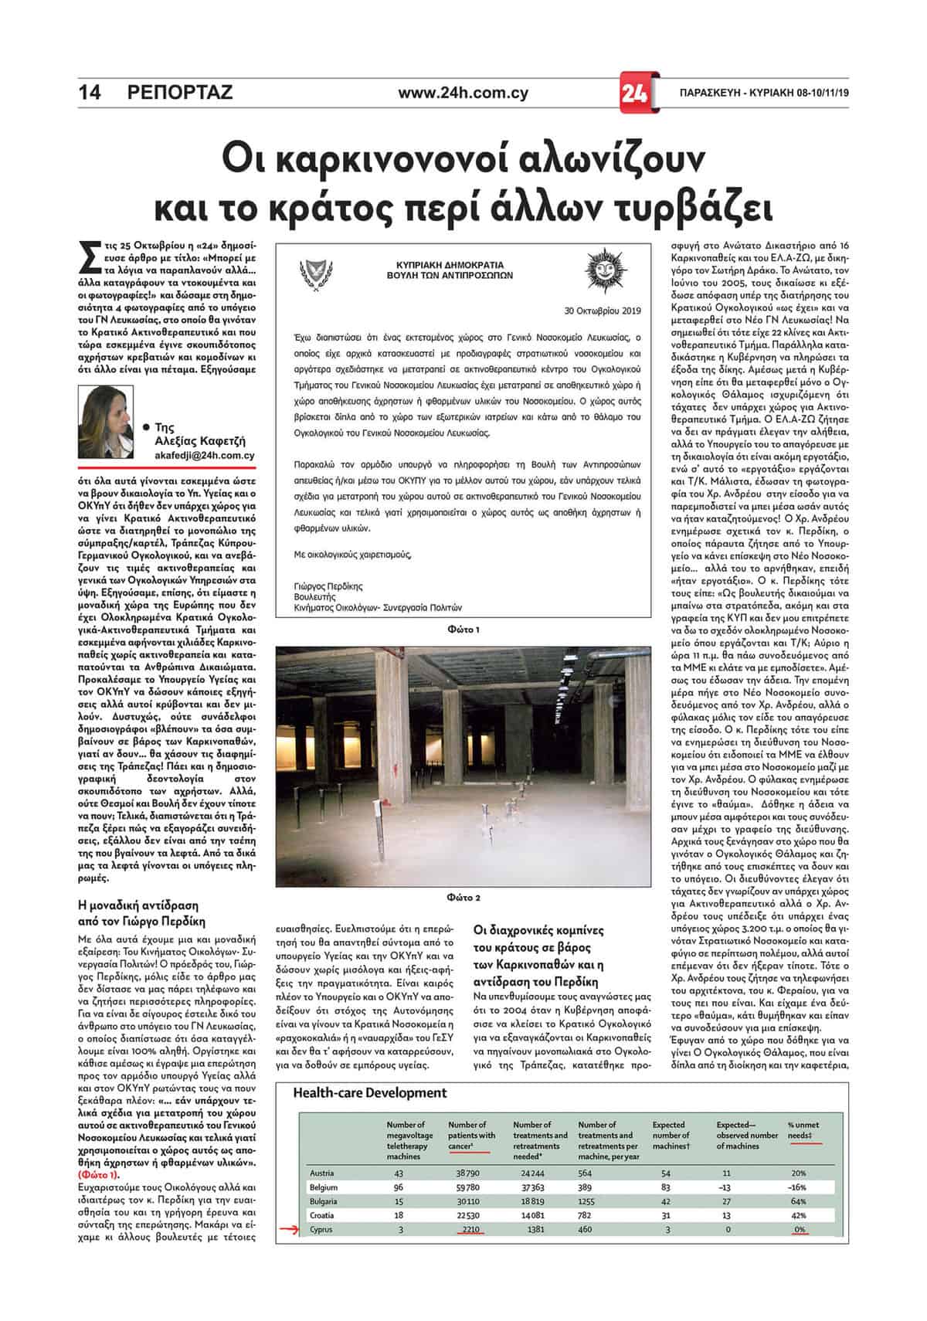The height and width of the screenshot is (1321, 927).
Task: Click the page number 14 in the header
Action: [x=90, y=93]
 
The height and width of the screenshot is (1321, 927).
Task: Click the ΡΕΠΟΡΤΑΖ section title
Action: [x=179, y=93]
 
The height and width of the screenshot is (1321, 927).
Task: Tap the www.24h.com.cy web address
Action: [x=463, y=93]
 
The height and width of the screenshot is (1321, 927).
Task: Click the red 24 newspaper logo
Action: [x=638, y=93]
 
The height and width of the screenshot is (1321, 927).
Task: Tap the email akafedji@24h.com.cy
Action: [x=205, y=456]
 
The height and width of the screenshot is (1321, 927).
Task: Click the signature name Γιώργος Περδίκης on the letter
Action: [x=328, y=586]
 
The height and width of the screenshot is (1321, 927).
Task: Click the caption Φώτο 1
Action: [x=463, y=630]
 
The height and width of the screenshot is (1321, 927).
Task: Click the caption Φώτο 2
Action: [x=463, y=898]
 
